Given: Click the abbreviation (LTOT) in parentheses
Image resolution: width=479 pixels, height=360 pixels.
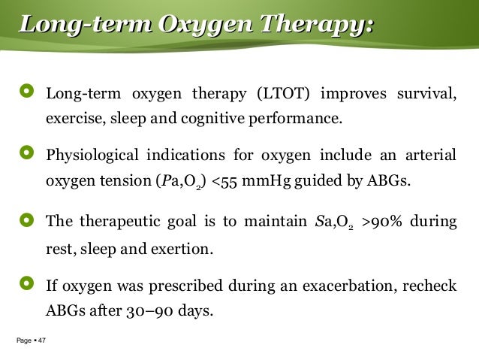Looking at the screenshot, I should click(288, 94).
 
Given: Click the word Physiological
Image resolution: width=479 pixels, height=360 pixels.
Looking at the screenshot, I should click(92, 156).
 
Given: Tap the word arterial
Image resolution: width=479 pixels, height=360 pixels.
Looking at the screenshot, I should click(429, 156).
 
